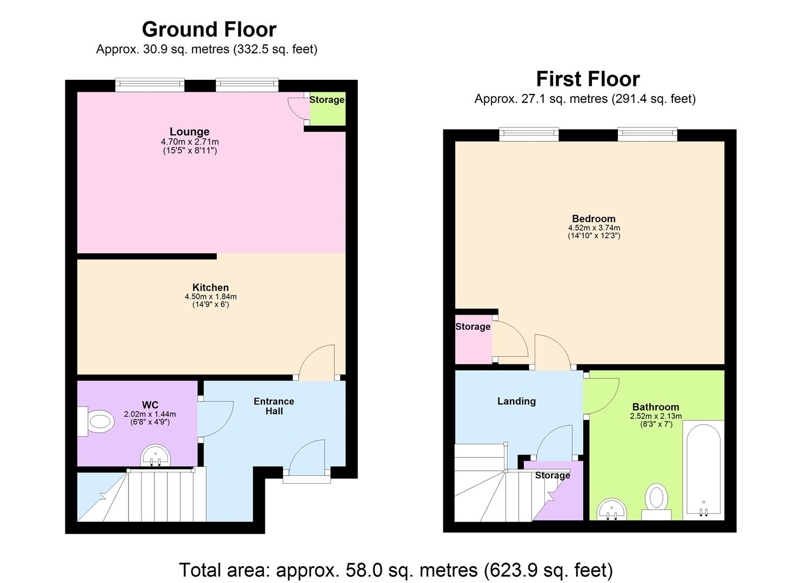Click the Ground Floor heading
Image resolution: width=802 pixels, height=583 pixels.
(x=209, y=29)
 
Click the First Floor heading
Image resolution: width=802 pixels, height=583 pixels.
(x=588, y=79)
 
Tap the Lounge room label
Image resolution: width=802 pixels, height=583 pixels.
(x=190, y=131)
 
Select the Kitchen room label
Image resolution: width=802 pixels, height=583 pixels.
(x=211, y=287)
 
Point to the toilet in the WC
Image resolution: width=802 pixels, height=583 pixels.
(x=97, y=421)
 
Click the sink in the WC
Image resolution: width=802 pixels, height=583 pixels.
(x=156, y=457)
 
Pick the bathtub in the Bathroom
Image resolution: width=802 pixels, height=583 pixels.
(x=703, y=467)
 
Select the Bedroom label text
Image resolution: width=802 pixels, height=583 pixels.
(x=594, y=219)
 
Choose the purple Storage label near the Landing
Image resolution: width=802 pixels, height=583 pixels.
(x=552, y=476)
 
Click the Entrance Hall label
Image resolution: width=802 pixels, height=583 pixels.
(x=274, y=406)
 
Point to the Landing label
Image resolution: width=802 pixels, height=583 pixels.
(x=516, y=401)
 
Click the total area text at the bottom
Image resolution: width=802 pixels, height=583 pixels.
(x=396, y=570)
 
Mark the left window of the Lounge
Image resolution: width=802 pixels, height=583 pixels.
(x=150, y=84)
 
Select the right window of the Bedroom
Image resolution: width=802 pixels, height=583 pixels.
(x=647, y=134)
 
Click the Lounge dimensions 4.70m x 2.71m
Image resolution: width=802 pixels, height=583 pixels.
(x=190, y=142)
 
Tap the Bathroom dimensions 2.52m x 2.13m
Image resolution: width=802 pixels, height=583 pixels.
(x=656, y=416)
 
